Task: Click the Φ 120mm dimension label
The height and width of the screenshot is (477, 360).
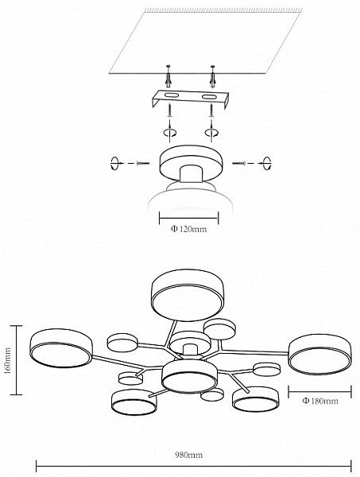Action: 188,229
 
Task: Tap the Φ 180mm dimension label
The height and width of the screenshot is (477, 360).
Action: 320,401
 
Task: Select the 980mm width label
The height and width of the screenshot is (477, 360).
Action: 188,455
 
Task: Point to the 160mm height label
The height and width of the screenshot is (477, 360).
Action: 7,360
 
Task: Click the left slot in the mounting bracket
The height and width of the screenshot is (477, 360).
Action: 171,96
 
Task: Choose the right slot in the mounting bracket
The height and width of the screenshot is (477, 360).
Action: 209,97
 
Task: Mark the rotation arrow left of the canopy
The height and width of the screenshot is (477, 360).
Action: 114,163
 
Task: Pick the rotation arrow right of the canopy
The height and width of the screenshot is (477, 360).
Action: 267,163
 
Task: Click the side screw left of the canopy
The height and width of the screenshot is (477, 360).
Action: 143,163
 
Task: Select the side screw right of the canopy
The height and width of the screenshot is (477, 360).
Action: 239,163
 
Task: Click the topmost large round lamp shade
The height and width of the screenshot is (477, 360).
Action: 188,294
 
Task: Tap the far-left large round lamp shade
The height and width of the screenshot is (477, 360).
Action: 61,347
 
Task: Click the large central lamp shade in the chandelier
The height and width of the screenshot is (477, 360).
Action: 189,376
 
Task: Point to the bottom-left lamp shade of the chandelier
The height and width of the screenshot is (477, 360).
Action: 134,401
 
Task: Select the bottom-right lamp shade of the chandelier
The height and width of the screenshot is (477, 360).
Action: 255,399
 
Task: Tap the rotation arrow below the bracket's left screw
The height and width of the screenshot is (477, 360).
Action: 169,132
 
